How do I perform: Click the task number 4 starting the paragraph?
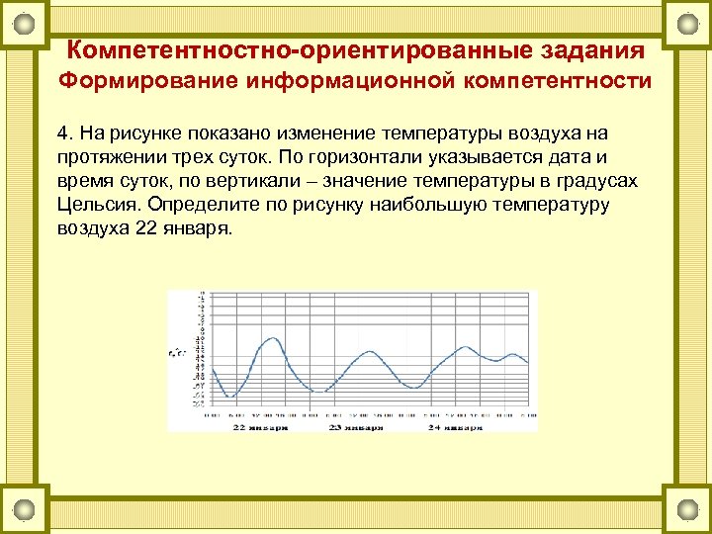click(61, 133)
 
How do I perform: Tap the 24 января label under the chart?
click(455, 429)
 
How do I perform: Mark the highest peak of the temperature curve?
click(267, 340)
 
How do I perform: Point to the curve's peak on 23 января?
click(368, 350)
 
